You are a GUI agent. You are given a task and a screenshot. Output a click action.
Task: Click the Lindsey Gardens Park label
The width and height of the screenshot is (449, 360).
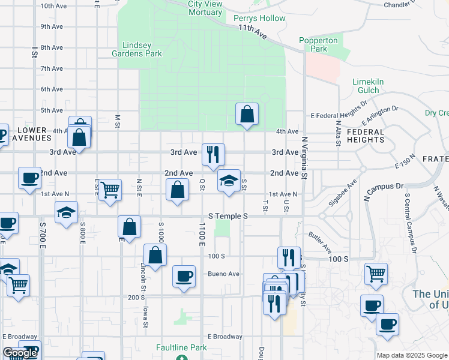142,49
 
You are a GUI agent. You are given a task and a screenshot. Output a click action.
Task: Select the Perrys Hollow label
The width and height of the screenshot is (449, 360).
259,18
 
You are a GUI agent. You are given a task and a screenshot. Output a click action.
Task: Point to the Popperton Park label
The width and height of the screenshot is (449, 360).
318,44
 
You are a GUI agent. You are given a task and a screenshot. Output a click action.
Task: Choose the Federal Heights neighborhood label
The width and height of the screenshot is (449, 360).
365,136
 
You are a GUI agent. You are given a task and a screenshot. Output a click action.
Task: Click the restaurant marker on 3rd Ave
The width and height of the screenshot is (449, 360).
213,155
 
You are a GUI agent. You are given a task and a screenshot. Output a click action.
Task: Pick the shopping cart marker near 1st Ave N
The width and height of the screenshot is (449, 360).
110,190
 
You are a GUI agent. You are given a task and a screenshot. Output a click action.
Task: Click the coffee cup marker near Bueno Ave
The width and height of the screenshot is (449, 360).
184,276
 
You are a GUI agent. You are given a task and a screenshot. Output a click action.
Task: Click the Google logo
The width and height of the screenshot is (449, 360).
20,353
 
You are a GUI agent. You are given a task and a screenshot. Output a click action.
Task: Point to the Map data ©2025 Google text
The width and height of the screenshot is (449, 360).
411,355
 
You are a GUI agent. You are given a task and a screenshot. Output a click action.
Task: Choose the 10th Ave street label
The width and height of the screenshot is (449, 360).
53,5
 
